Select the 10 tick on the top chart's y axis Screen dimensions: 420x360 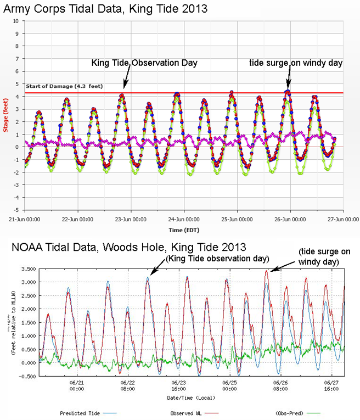(17, 21)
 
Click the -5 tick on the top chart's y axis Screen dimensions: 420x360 (16, 210)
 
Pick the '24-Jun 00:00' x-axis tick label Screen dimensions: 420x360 (184, 219)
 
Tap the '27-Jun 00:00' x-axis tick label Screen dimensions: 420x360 (344, 219)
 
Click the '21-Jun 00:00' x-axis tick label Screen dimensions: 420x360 (26, 219)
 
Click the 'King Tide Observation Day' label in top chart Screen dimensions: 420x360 (144, 64)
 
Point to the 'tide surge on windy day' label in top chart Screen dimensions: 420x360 (296, 64)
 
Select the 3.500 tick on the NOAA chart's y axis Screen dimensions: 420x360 (27, 268)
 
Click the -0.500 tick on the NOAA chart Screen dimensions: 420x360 (26, 376)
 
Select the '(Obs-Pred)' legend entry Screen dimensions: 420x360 (291, 412)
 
